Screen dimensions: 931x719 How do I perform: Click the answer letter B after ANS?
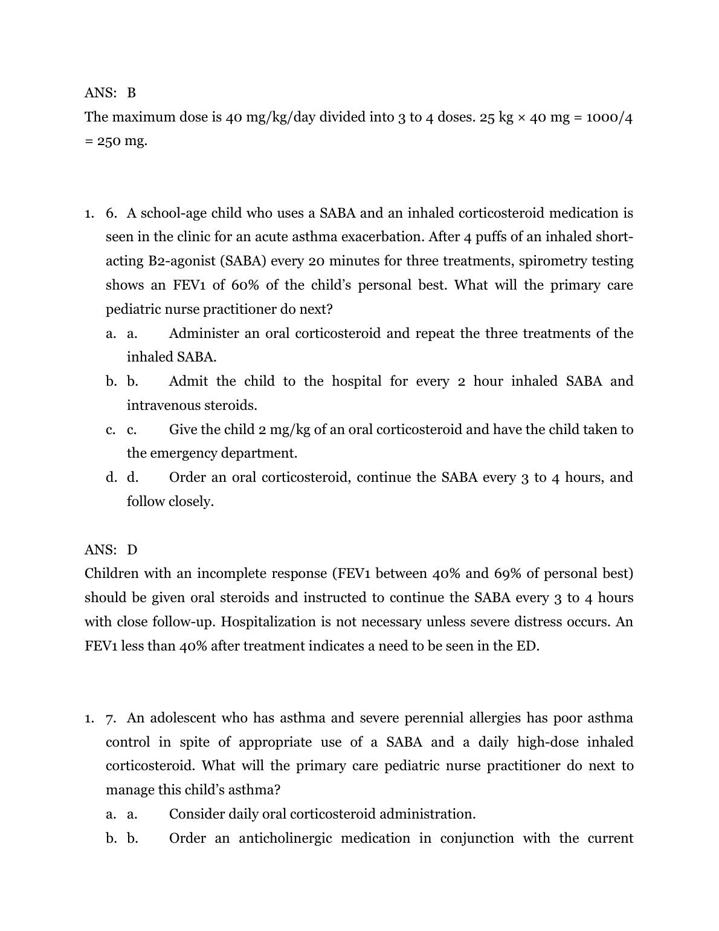point(132,93)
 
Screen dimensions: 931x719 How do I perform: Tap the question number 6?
point(111,213)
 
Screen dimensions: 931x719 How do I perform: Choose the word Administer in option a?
point(204,334)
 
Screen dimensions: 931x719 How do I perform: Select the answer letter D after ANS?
point(132,550)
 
